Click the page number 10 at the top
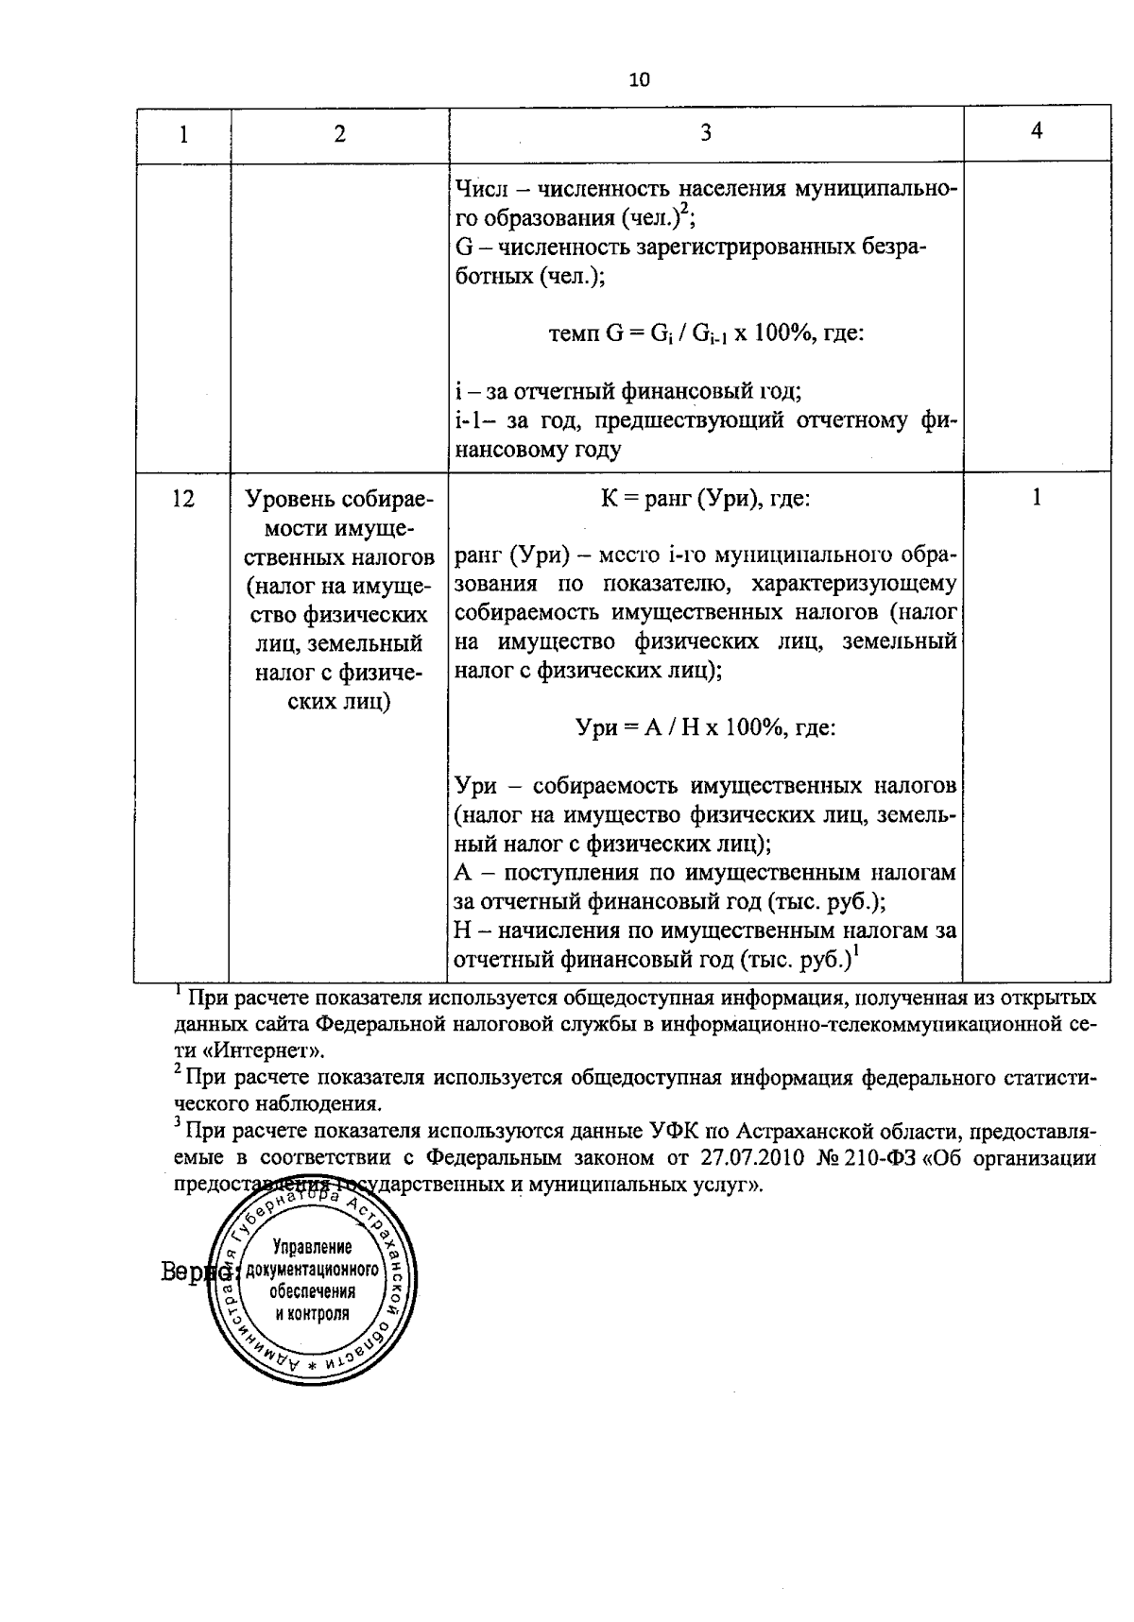[639, 79]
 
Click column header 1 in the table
[183, 134]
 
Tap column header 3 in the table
[705, 133]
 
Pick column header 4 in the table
[1036, 131]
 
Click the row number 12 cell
[183, 498]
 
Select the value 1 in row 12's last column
[1036, 497]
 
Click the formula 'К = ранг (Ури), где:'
[705, 498]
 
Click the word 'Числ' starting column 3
[478, 189]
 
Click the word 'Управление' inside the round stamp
[312, 1248]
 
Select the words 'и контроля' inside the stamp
[312, 1313]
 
